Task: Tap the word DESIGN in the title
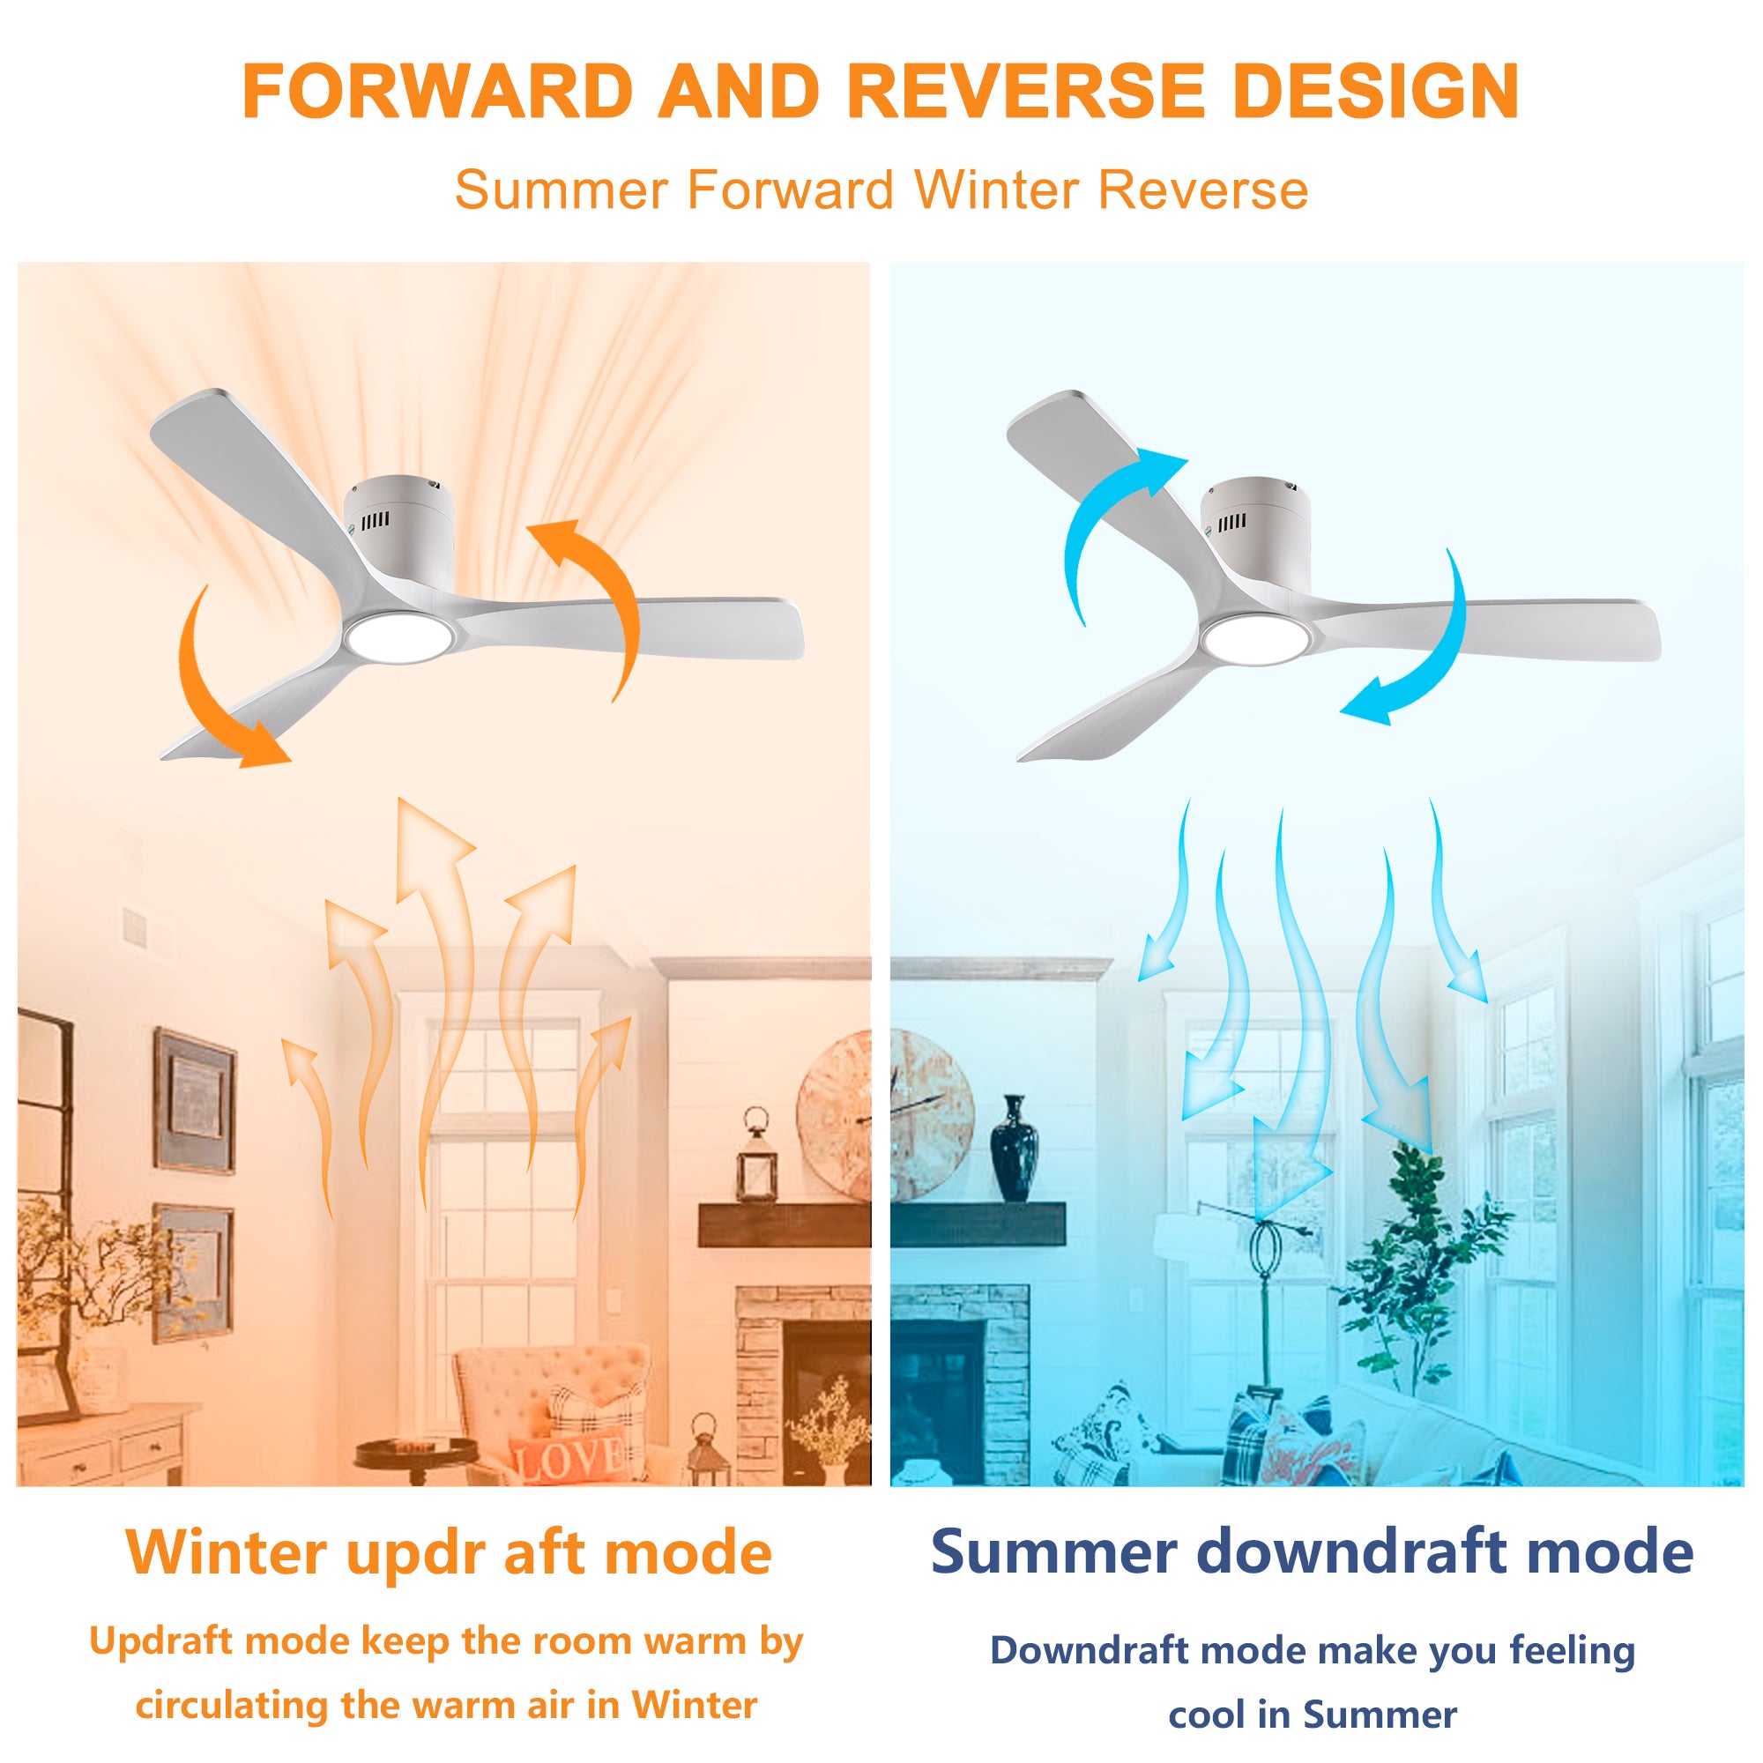point(1376,92)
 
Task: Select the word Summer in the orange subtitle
point(562,190)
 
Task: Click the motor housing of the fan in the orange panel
point(398,529)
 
